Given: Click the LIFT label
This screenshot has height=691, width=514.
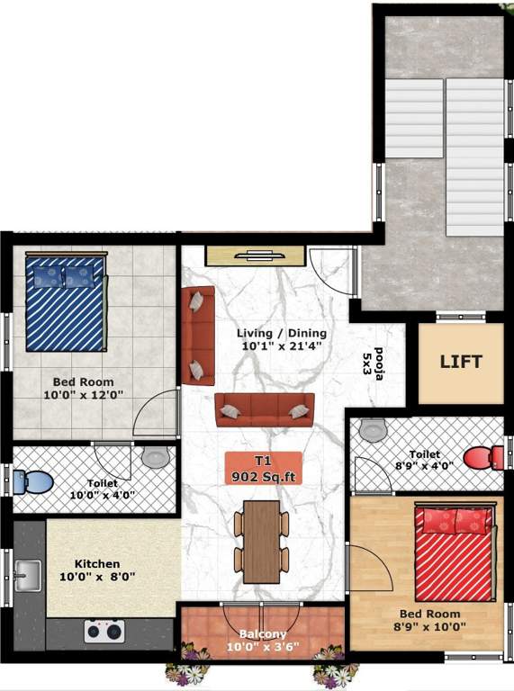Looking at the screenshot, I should coord(461,363).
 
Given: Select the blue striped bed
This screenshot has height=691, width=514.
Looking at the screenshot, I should coord(66,302).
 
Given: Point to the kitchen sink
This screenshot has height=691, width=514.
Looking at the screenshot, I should coord(27,572).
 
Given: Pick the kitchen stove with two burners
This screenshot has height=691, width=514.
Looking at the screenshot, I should coord(104,631).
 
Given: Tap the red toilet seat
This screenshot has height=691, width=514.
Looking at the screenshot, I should coord(480,456).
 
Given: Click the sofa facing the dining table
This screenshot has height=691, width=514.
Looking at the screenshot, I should coord(264,409).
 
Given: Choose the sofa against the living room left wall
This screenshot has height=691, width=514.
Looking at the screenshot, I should coord(197,335).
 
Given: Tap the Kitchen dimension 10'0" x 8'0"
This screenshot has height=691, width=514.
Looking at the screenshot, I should coord(98,576).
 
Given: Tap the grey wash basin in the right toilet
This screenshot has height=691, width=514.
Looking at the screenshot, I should coord(371,429).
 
